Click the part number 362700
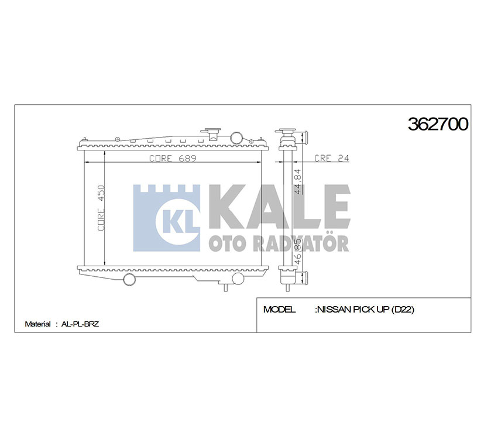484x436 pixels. [438, 124]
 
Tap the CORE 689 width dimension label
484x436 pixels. [173, 158]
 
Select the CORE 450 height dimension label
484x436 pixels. [101, 208]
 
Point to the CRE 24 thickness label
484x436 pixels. [331, 158]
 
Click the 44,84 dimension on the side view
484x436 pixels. [298, 181]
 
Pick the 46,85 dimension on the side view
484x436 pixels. [298, 251]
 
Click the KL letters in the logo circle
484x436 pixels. [181, 221]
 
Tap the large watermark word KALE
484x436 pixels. [279, 207]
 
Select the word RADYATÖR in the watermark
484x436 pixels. [301, 243]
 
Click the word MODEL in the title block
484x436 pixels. [279, 309]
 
